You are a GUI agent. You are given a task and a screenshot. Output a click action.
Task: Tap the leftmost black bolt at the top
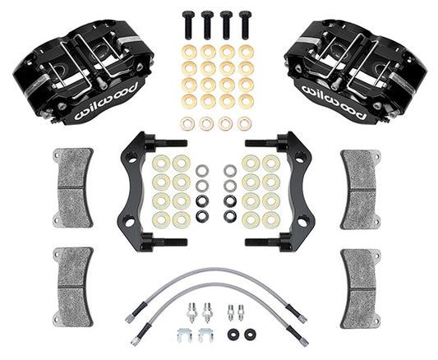coord(187,26)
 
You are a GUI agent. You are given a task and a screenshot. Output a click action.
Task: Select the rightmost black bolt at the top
coord(245,26)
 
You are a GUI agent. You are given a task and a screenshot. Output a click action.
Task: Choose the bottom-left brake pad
coord(73,287)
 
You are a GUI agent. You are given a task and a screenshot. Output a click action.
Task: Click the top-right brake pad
coord(361,190)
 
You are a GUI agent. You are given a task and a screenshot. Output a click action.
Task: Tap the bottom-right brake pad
coord(361,289)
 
